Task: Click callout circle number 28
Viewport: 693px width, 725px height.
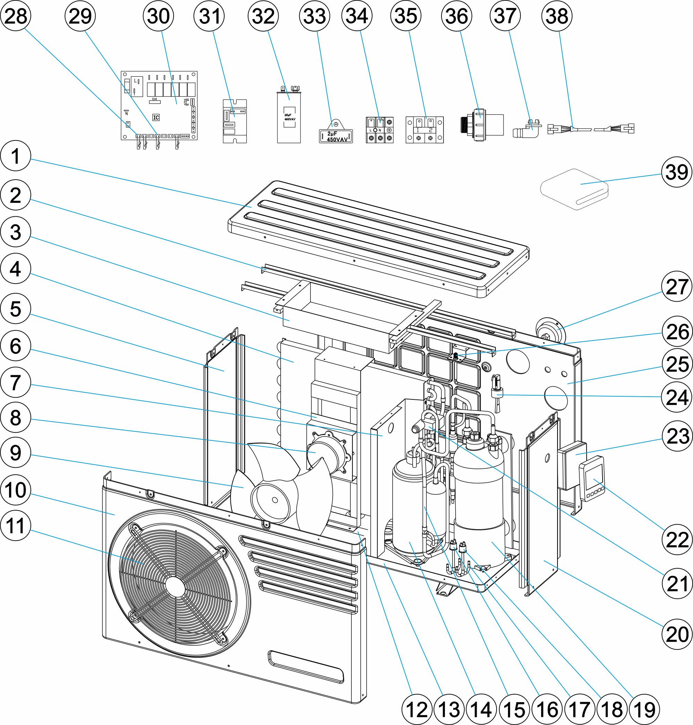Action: coord(16,16)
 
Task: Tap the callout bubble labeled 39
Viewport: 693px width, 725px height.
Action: coord(676,172)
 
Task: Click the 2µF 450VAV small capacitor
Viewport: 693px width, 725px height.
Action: coord(336,136)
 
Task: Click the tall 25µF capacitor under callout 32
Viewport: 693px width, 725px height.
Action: coord(289,116)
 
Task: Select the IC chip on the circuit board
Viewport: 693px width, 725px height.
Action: coord(156,118)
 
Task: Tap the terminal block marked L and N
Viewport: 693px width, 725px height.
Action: coord(380,130)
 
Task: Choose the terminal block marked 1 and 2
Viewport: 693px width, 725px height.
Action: coord(424,130)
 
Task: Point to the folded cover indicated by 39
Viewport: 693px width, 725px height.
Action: coord(575,189)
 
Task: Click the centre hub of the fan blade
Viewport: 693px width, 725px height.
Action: coord(274,500)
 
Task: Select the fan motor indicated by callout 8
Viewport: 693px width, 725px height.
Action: coord(327,456)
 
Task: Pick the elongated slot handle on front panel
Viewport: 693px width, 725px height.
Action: coord(306,667)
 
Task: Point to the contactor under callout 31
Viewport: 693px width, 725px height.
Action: coord(235,121)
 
